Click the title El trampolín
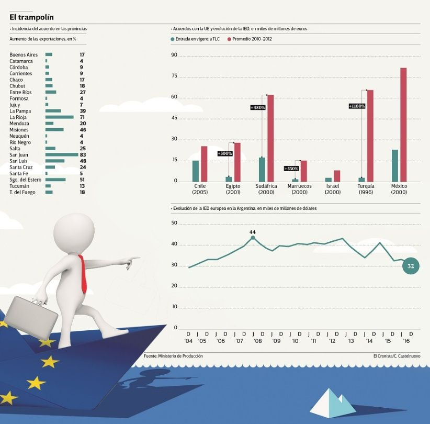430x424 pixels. coord(31,17)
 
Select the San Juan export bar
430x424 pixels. coord(62,155)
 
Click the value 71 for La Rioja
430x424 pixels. coord(83,117)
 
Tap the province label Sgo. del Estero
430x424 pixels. coord(25,180)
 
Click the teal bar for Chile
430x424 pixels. coord(196,171)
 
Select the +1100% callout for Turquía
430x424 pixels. coord(357,106)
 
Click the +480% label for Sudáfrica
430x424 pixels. coord(258,107)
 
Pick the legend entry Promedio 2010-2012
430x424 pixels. coord(251,39)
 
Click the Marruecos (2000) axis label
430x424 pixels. coord(299,189)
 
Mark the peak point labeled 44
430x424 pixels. coord(253,238)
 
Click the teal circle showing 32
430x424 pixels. coord(411,266)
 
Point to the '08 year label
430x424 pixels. coord(257,341)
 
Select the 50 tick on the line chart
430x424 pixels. coord(175,224)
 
